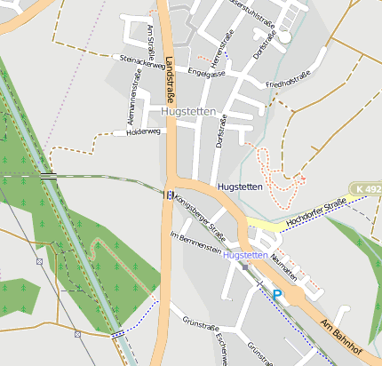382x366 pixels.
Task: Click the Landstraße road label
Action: [171, 84]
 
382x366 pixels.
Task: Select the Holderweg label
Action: [143, 131]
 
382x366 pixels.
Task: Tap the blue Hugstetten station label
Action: [245, 255]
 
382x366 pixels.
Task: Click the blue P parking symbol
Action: [277, 294]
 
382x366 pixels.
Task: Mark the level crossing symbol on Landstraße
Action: [168, 194]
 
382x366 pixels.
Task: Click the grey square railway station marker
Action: [245, 266]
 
